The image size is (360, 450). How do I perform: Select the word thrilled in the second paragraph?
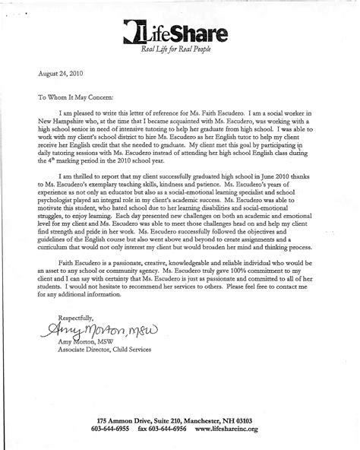click(x=83, y=194)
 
